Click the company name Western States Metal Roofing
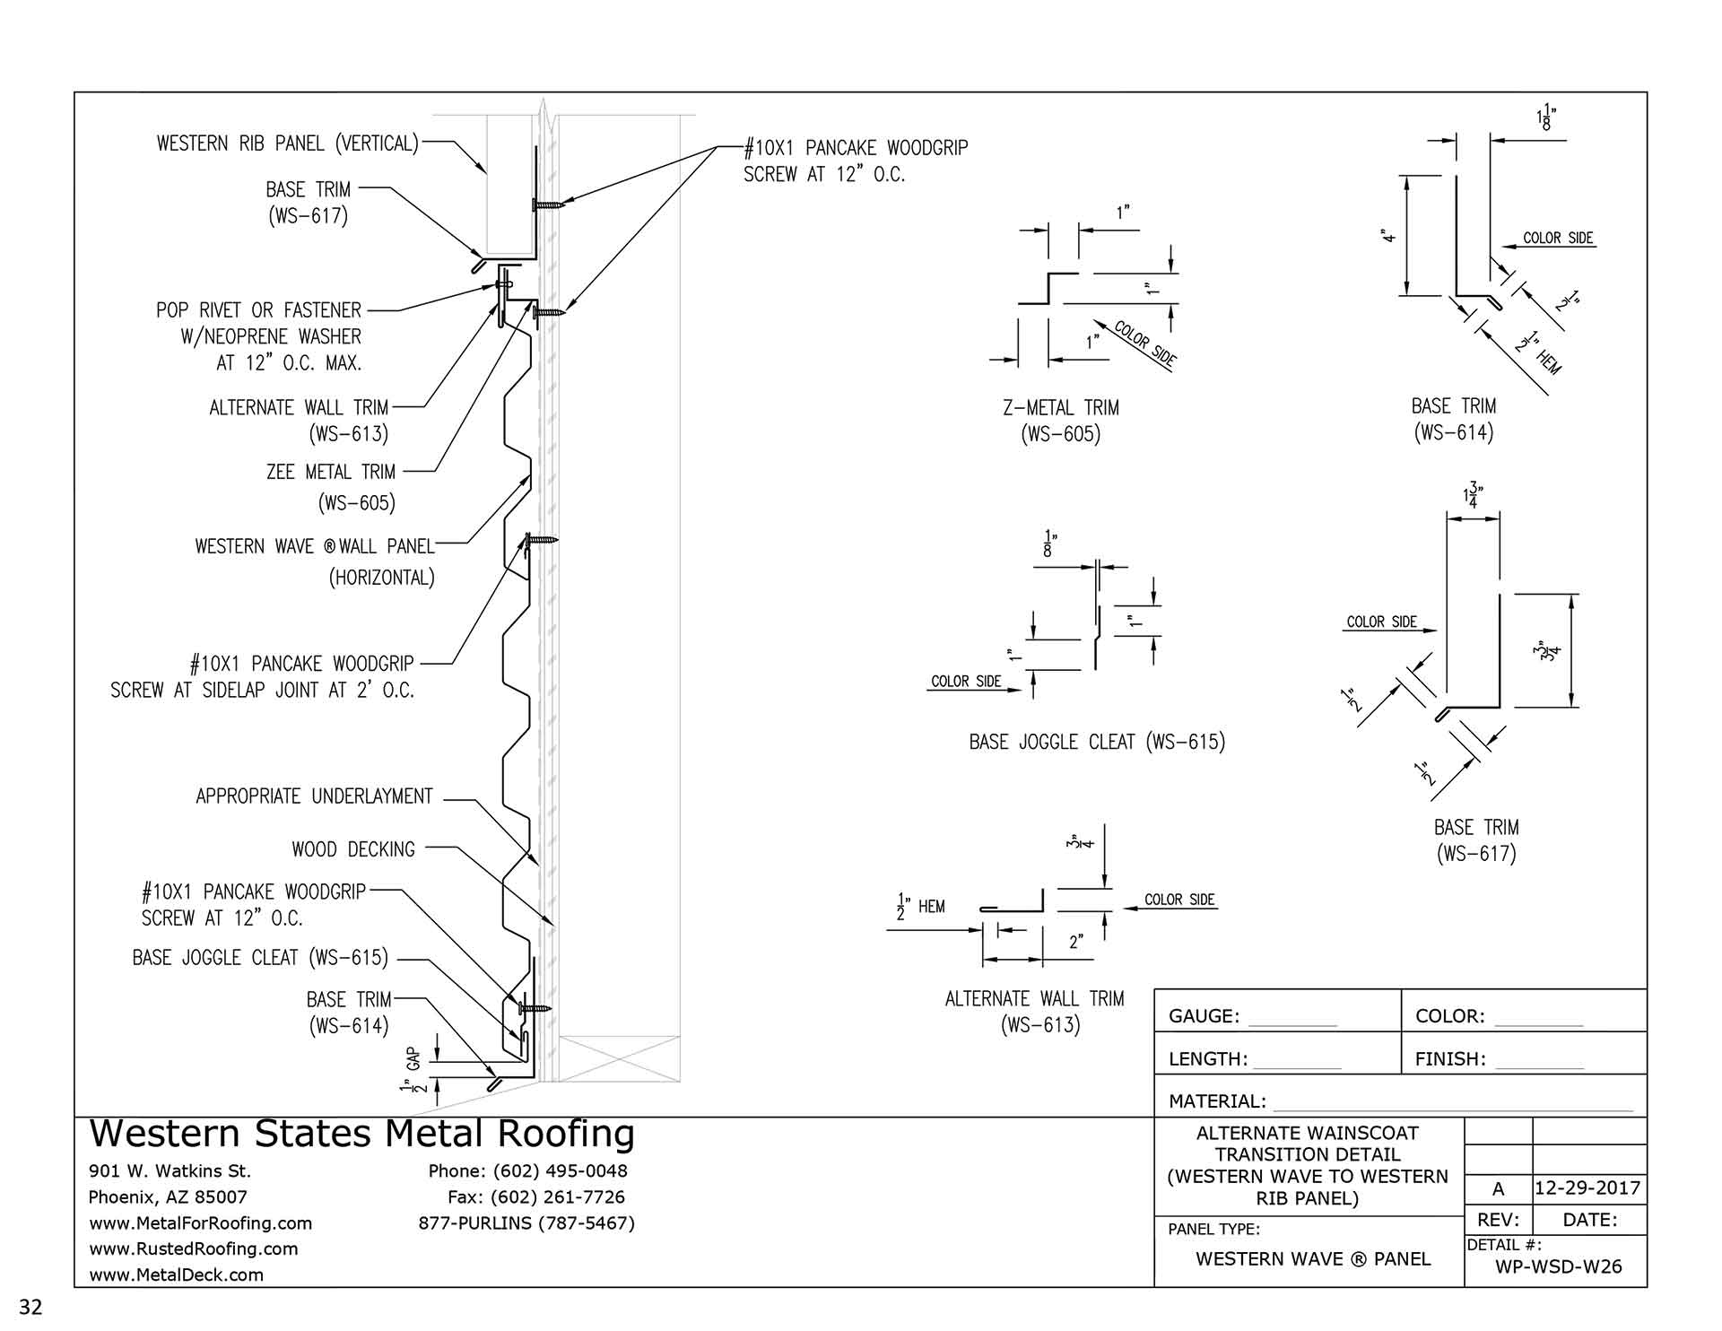[x=361, y=1135]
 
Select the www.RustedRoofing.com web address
[x=193, y=1248]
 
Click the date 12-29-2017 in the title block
[x=1587, y=1188]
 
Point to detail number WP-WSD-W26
[x=1559, y=1266]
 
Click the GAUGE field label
[x=1204, y=1016]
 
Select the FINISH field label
[x=1450, y=1059]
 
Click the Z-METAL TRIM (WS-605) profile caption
[x=1061, y=421]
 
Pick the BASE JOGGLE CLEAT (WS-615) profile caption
[x=1097, y=742]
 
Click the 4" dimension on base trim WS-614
[x=1388, y=236]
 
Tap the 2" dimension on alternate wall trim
[x=1076, y=942]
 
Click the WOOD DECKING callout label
[x=353, y=849]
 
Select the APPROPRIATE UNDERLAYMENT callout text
[x=314, y=796]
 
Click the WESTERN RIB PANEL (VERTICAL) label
[x=288, y=144]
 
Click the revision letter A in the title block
[x=1498, y=1189]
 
